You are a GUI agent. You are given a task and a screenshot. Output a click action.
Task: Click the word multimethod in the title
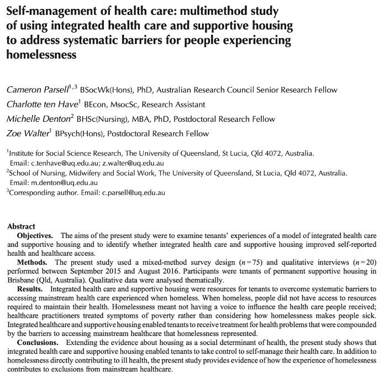(223, 11)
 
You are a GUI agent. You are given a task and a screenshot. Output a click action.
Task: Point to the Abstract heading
(21, 226)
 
